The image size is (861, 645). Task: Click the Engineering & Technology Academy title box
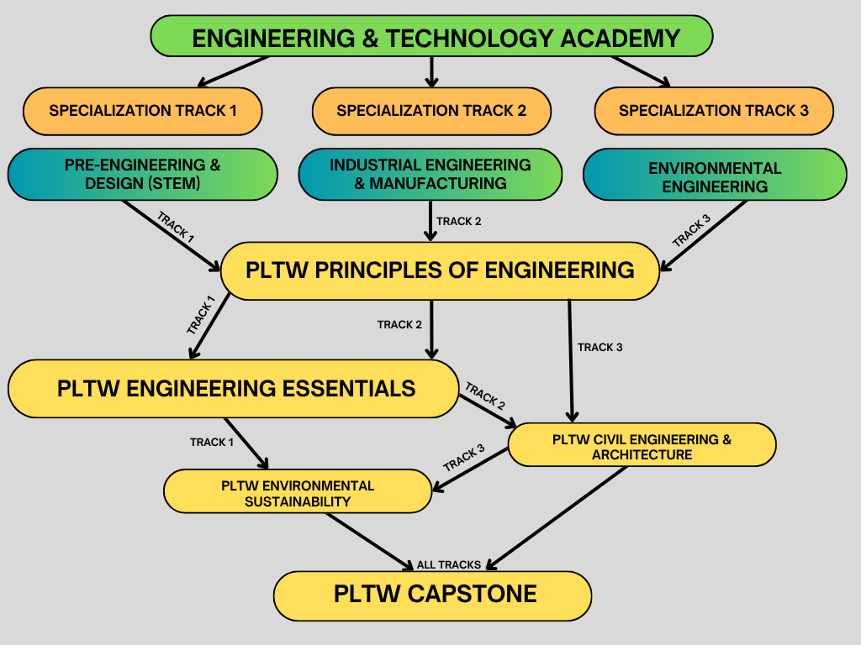(x=431, y=37)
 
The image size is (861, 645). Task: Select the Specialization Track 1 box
(x=142, y=110)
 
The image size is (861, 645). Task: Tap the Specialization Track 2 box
(x=431, y=110)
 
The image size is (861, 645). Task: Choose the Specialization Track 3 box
(x=714, y=110)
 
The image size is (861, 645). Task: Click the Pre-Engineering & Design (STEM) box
(x=142, y=174)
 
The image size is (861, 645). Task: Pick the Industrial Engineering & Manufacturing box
(x=430, y=174)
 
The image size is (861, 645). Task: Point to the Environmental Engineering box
(x=715, y=175)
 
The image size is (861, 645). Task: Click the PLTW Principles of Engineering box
(x=440, y=270)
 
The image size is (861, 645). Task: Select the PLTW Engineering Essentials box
(x=235, y=388)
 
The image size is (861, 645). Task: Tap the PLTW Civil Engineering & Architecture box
(x=642, y=445)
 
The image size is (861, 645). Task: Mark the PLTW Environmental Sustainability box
(x=298, y=491)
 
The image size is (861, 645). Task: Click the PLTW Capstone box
(x=434, y=595)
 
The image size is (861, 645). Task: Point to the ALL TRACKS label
(x=449, y=564)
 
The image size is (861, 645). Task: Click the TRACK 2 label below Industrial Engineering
(x=458, y=222)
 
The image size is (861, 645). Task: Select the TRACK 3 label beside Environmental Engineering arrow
(x=691, y=232)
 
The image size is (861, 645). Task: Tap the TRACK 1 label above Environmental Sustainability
(x=212, y=442)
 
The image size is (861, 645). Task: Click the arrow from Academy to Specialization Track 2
(x=431, y=71)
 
